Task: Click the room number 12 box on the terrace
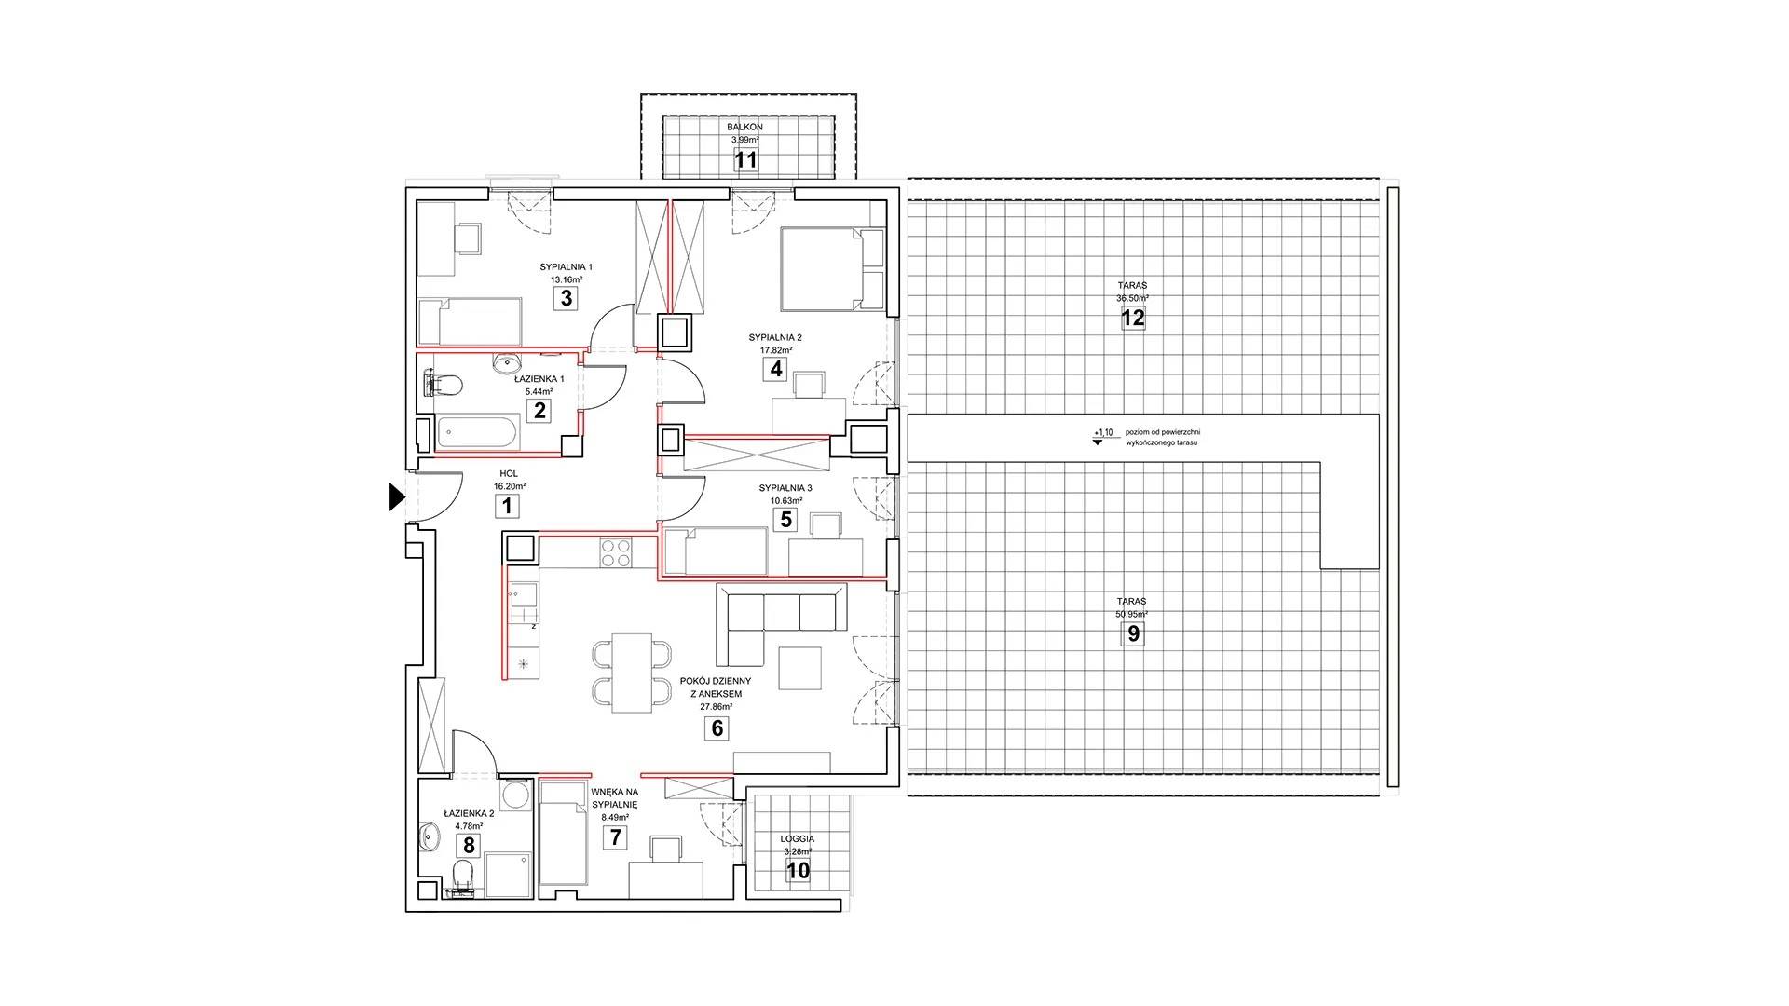pos(1133,318)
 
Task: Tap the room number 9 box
pos(1133,634)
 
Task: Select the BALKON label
pos(745,127)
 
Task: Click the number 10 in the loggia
pos(799,871)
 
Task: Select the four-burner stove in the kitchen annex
pos(614,553)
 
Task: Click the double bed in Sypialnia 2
pos(832,269)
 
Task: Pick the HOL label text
pos(509,474)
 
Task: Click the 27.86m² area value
pos(717,706)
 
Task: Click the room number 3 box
pos(565,299)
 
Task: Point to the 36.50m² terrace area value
pos(1133,298)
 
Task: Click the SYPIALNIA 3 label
pos(785,488)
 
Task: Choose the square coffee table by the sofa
pos(800,668)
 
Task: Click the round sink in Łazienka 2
pos(430,836)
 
